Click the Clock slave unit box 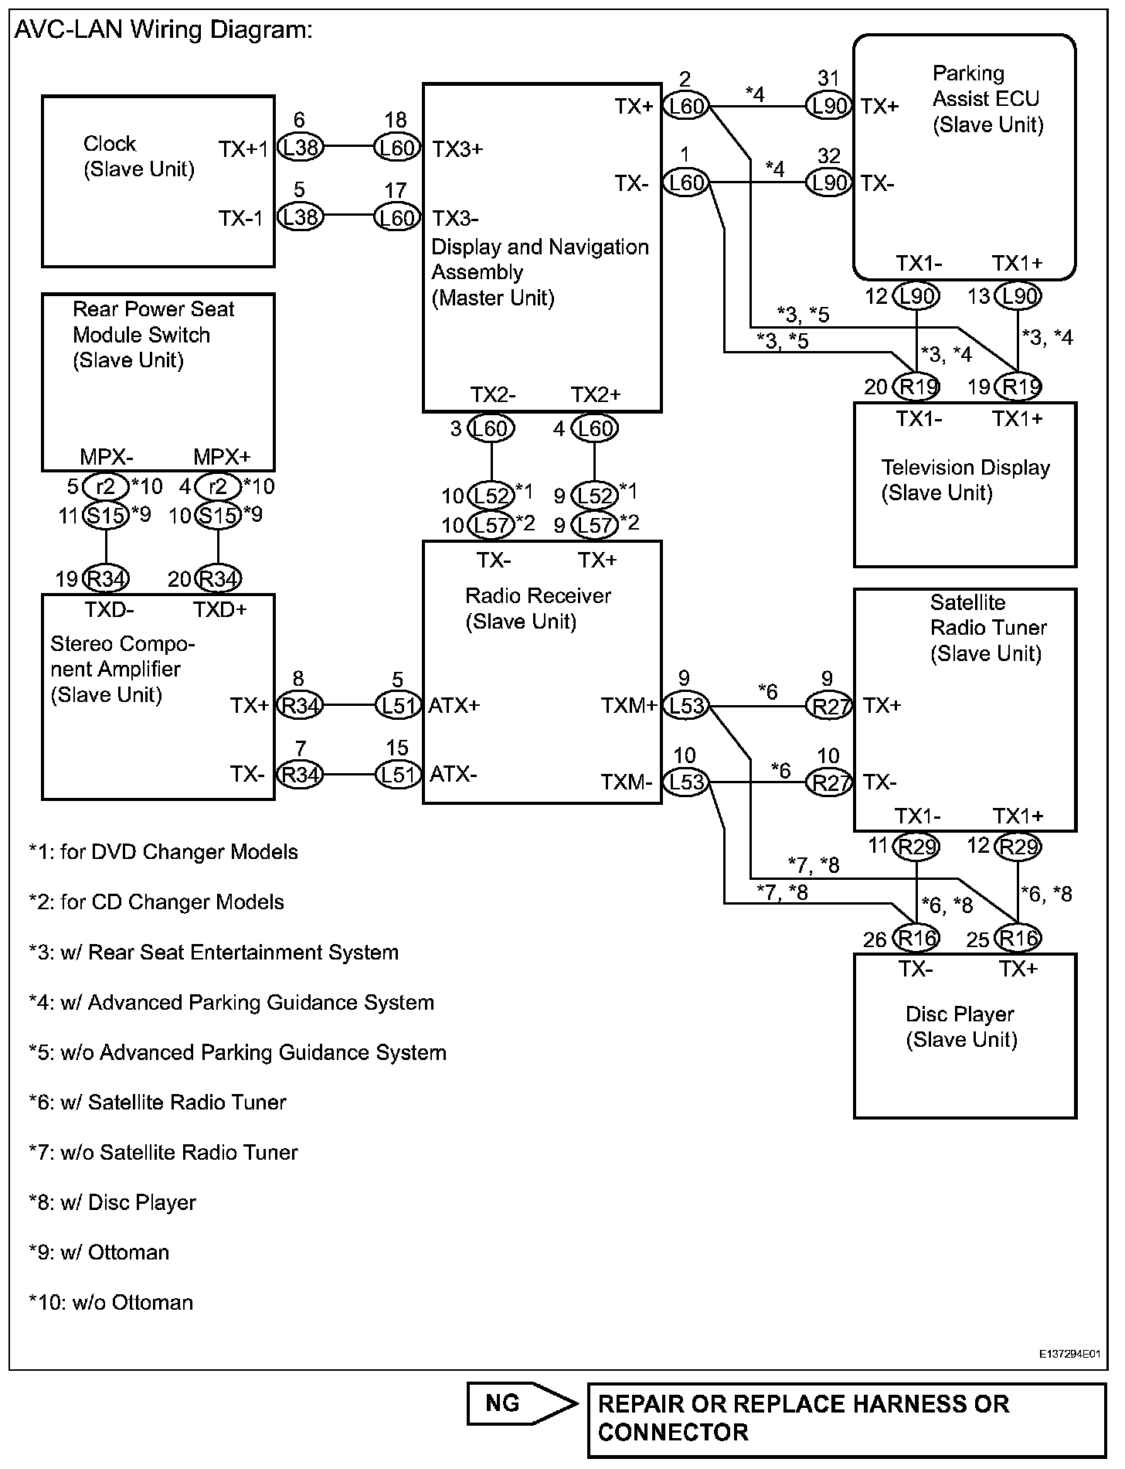[x=158, y=181]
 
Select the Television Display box [x=964, y=484]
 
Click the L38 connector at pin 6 [x=300, y=147]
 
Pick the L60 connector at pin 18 [x=397, y=147]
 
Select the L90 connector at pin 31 [x=828, y=105]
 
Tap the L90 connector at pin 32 [x=828, y=182]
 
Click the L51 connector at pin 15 [x=397, y=774]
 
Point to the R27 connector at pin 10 [x=828, y=782]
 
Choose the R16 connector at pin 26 [x=916, y=939]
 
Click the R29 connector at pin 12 [x=1018, y=847]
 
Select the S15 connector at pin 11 [x=105, y=515]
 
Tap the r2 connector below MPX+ [x=218, y=486]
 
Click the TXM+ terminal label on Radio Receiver [x=628, y=705]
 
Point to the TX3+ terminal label [x=457, y=148]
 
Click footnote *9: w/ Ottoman [x=99, y=1253]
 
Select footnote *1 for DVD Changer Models [x=163, y=852]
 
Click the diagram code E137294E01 [x=1069, y=1355]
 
